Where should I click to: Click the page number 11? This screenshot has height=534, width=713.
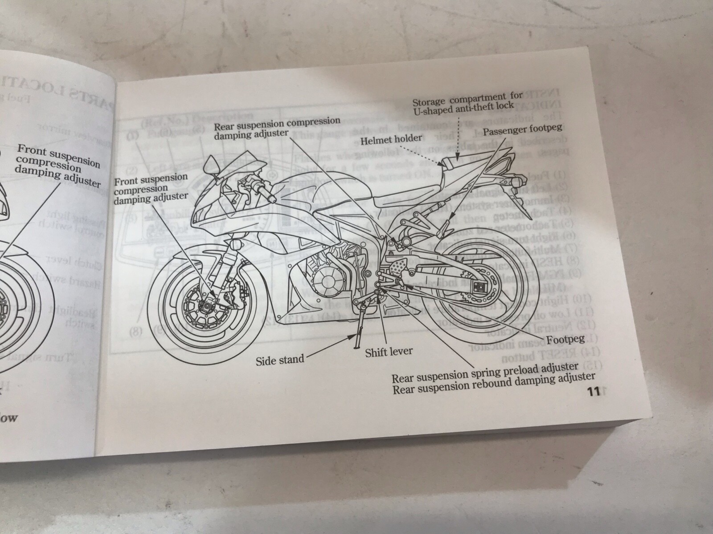tap(593, 392)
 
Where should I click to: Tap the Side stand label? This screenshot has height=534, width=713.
tap(279, 360)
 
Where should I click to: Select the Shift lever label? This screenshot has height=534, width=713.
tap(389, 352)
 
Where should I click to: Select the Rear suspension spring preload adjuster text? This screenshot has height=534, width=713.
tap(485, 372)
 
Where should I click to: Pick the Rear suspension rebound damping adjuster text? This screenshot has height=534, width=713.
tap(494, 384)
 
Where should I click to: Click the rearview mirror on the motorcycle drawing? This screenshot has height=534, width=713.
tap(211, 167)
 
